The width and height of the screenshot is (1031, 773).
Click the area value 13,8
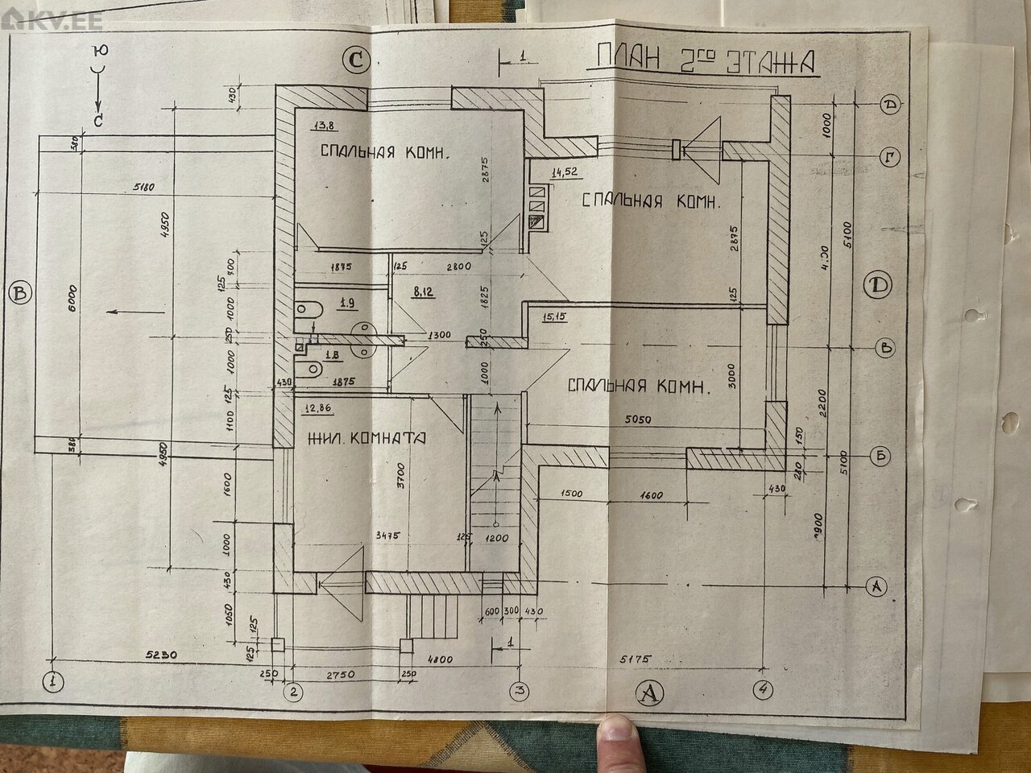[x=304, y=125]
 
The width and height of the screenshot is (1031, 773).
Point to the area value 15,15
[x=555, y=316]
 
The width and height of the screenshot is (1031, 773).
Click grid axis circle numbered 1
[x=53, y=681]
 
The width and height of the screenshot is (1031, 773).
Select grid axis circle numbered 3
[x=520, y=690]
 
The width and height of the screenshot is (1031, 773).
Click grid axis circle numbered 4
[x=762, y=690]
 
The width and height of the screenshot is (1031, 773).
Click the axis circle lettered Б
[x=882, y=456]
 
